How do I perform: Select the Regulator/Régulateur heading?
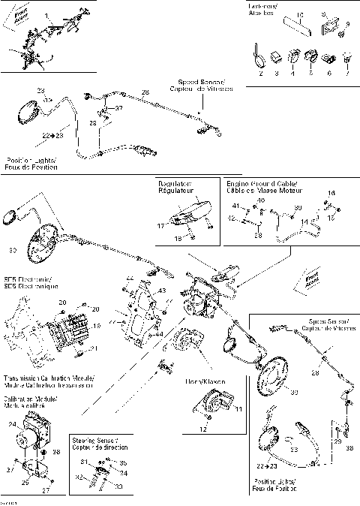tap(175, 187)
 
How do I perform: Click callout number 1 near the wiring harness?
tap(46, 16)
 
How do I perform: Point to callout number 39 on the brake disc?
tap(293, 393)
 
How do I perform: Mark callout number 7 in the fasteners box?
tap(346, 74)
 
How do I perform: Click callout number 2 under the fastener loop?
tap(260, 74)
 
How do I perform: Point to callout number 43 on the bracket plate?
tap(161, 291)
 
